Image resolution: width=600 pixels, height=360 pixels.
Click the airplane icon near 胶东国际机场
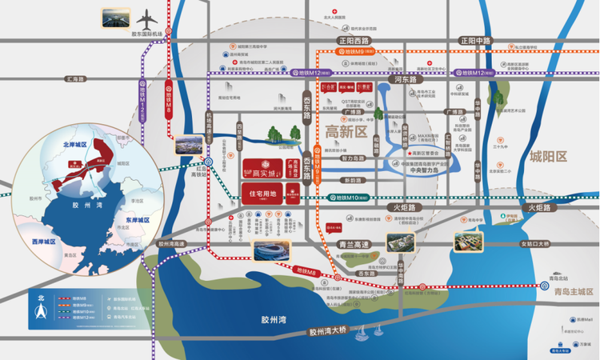point(148,18)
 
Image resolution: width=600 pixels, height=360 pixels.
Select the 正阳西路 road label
point(354,40)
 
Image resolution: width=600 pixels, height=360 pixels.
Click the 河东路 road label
point(409,80)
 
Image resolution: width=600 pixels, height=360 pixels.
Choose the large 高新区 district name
point(346,130)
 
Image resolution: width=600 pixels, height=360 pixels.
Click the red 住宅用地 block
point(263,193)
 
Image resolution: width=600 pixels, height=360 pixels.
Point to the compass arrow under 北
point(44,314)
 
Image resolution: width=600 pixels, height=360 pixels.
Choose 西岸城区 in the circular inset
point(42,241)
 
